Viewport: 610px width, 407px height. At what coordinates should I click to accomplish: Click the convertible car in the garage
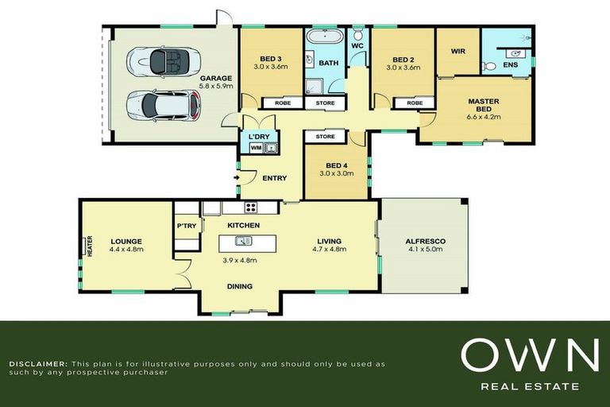pos(164,61)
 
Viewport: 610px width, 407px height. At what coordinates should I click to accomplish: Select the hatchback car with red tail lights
pos(164,105)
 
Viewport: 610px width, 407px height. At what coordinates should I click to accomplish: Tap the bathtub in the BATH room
pos(325,37)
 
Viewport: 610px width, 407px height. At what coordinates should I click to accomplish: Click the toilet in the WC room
pos(357,35)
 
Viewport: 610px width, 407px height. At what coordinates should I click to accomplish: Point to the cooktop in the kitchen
pos(251,207)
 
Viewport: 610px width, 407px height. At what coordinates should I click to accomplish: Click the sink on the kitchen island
pos(243,241)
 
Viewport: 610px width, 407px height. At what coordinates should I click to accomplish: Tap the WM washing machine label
pos(256,149)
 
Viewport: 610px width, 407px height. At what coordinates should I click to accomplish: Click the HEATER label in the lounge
pos(90,246)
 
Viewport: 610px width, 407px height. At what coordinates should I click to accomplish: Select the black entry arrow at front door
pos(236,178)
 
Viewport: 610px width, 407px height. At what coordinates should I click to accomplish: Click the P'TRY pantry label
pos(187,226)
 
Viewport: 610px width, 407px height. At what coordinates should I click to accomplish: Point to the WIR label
pos(457,51)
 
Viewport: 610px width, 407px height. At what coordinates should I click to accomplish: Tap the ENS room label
pos(511,64)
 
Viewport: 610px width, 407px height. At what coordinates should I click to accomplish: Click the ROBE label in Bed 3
pos(283,103)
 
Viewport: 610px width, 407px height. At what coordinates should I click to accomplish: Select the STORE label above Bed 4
pos(325,137)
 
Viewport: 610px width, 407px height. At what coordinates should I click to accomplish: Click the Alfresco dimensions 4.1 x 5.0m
pos(425,249)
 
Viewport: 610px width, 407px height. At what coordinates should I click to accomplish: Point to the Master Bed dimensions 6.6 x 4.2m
pos(483,116)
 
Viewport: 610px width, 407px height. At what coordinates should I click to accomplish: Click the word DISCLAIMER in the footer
pos(37,364)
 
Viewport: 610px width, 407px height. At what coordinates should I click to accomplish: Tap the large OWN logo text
pos(530,355)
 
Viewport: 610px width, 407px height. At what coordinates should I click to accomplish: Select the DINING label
pos(240,286)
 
